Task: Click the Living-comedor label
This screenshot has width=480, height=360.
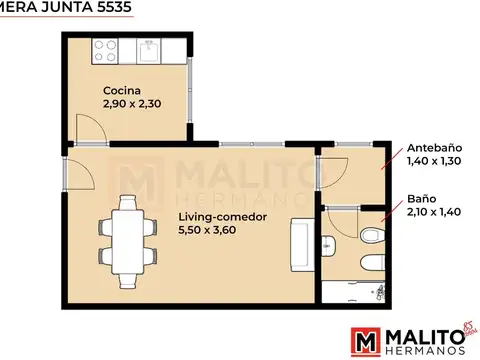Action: coord(220,216)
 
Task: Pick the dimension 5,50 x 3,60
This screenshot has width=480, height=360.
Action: coord(209,231)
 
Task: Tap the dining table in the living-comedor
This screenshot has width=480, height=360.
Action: coord(127,231)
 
